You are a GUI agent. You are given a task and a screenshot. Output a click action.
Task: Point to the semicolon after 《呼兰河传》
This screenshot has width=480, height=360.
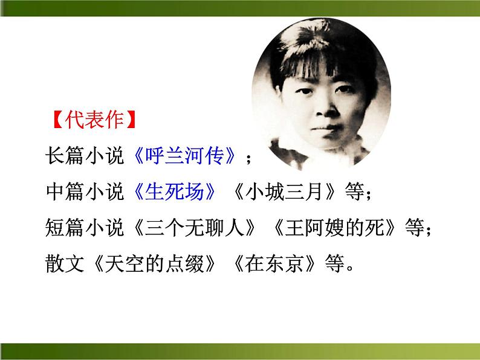pos(248,158)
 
